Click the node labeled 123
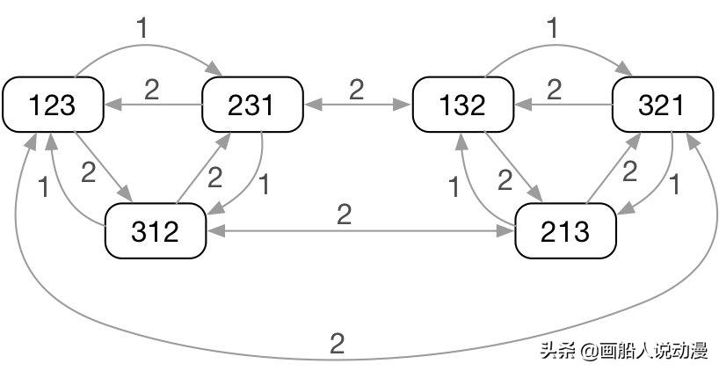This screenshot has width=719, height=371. [53, 105]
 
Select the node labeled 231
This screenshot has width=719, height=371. [253, 105]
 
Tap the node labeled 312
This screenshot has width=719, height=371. [156, 232]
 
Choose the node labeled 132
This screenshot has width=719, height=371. [462, 105]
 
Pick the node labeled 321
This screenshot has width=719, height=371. [662, 105]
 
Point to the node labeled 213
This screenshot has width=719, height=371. [564, 232]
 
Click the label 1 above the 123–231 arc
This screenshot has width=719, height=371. [142, 27]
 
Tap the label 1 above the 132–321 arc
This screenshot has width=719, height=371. [552, 27]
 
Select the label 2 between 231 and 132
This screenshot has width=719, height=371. [356, 89]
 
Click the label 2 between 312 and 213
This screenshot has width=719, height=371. [344, 215]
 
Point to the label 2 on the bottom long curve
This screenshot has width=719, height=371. [337, 344]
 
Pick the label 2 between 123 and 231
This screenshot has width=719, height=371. [152, 90]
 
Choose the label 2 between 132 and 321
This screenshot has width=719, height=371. [555, 89]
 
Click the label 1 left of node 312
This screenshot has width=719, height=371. [45, 187]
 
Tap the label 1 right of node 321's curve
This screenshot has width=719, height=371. [675, 185]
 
